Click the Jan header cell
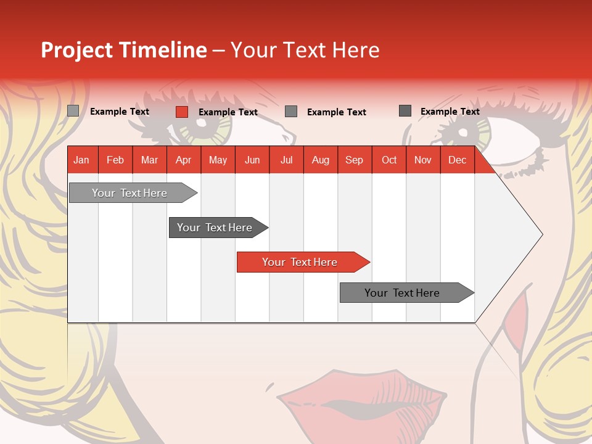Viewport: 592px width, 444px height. click(82, 160)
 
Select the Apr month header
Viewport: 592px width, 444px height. click(183, 160)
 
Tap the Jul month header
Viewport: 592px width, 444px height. click(286, 160)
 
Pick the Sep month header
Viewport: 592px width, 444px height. click(354, 160)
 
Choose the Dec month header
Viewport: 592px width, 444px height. click(457, 160)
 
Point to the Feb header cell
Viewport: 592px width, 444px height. click(115, 160)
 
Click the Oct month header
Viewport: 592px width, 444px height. click(389, 160)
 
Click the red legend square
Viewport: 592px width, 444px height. click(181, 112)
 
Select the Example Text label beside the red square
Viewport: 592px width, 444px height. click(228, 112)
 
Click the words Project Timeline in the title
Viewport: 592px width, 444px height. click(123, 50)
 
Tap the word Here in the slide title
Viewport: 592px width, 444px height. click(356, 50)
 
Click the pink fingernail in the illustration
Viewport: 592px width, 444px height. click(520, 311)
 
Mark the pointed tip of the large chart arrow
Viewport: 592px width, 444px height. click(541, 234)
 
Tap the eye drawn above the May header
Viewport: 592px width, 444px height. click(203, 122)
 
